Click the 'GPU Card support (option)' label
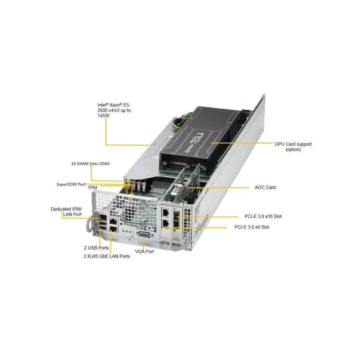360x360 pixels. coord(293,147)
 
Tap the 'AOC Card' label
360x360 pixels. coord(265,187)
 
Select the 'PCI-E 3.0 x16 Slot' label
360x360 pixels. coord(263,216)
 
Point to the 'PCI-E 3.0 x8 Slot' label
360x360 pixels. coord(252,227)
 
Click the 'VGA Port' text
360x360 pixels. coord(144,252)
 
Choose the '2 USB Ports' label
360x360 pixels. coord(96,248)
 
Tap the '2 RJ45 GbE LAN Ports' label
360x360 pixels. coord(107,256)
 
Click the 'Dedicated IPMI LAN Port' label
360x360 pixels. coord(66,211)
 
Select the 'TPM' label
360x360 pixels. coord(92,188)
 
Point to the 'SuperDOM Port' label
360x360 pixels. coord(71,184)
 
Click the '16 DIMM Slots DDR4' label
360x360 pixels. coord(90,164)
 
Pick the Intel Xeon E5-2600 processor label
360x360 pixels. coord(114,110)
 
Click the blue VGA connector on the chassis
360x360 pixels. coord(144,235)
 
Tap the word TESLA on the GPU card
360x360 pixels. coord(198,138)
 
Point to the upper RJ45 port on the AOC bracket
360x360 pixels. coord(165,212)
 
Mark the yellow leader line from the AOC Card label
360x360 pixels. coord(218,188)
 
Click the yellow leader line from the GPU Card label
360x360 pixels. coord(242,143)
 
